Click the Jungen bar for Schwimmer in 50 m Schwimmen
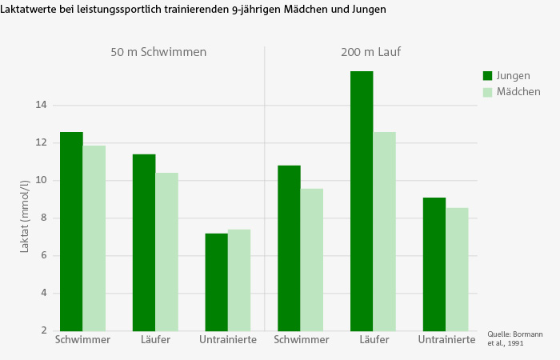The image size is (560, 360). [x=71, y=231]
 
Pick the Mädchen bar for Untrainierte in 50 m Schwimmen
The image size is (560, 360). [x=239, y=280]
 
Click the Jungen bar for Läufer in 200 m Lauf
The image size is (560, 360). [x=362, y=201]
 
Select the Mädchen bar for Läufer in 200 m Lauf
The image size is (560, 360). [x=385, y=231]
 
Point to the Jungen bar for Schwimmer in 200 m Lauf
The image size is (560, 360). [x=289, y=248]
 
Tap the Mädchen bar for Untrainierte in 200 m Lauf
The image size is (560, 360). [x=457, y=269]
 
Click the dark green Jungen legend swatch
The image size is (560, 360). [x=487, y=75]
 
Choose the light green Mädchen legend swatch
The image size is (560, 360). [x=487, y=92]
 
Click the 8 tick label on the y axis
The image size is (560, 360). [x=43, y=218]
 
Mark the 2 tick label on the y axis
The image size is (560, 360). [x=43, y=330]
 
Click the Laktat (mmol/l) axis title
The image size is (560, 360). [x=25, y=218]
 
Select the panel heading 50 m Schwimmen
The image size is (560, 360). [x=158, y=53]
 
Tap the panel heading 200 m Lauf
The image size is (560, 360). [x=369, y=53]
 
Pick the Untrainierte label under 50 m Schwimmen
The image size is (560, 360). [x=228, y=340]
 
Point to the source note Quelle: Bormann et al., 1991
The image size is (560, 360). [x=506, y=338]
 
